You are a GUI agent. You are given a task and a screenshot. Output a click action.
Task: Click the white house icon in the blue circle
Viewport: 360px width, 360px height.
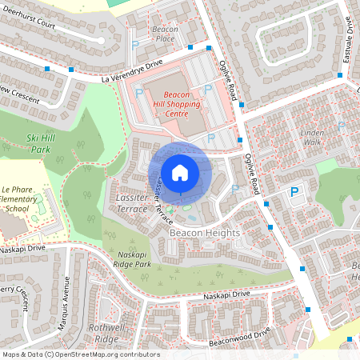(x=180, y=172)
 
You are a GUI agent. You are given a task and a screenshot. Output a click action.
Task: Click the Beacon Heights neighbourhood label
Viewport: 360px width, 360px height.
(x=204, y=233)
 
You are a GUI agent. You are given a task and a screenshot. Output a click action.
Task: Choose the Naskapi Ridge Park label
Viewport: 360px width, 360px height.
(x=131, y=259)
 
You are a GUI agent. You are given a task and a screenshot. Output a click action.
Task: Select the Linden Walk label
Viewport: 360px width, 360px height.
(x=311, y=137)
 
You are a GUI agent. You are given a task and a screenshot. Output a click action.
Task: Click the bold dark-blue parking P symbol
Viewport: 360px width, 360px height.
(x=294, y=192)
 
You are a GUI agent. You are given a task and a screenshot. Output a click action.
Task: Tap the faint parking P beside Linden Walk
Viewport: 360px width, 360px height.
(x=342, y=126)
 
